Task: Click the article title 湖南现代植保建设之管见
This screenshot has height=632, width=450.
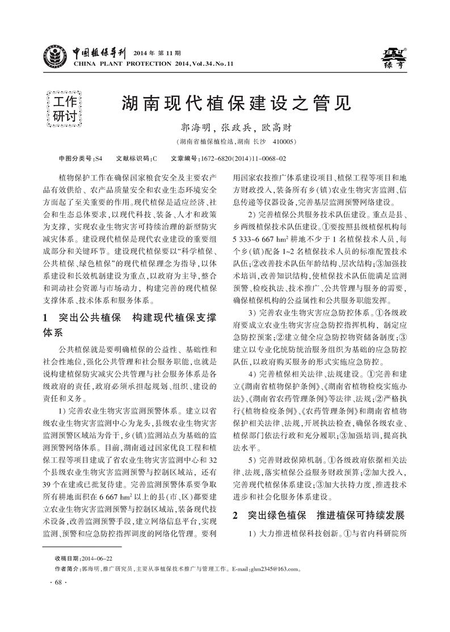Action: click(234, 104)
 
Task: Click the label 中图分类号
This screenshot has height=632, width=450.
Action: click(76, 158)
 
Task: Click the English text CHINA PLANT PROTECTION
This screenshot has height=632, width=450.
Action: click(119, 64)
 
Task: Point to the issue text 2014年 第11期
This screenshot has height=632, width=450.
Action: click(155, 53)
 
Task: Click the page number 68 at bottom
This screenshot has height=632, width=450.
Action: click(58, 583)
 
